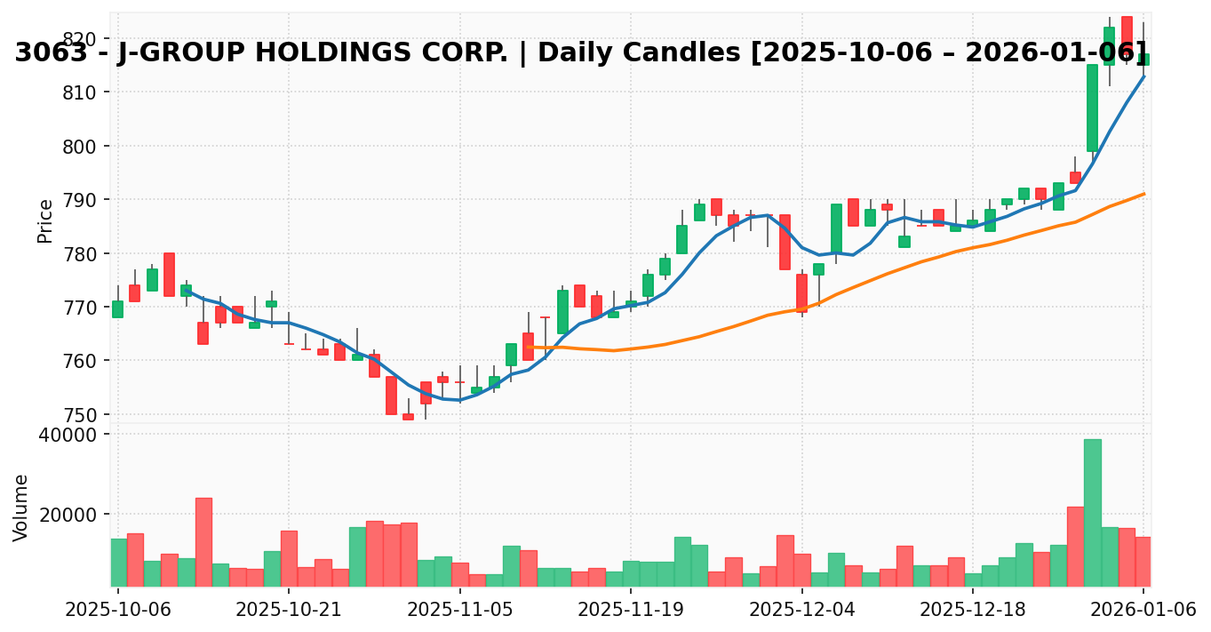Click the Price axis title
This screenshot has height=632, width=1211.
click(x=45, y=220)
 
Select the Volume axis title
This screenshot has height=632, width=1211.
click(x=21, y=508)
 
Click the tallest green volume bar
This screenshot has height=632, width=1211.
click(x=1092, y=513)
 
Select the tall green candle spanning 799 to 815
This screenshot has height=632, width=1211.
click(x=1092, y=108)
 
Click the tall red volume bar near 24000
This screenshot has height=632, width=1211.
click(x=203, y=542)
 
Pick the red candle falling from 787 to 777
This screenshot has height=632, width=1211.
click(x=785, y=242)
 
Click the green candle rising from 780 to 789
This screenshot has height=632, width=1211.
click(x=836, y=228)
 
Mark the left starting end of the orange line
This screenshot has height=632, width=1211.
click(x=528, y=347)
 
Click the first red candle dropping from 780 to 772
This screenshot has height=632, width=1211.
click(x=169, y=275)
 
